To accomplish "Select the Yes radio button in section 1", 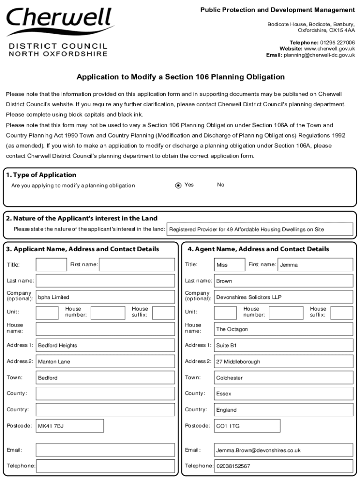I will pos(178,185).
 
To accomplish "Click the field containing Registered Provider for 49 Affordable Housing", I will pos(259,229).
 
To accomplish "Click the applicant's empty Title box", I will pos(51,265).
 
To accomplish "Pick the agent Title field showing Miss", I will pos(229,265).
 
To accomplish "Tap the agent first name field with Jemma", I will pos(315,265).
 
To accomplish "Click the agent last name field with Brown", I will pos(283,281).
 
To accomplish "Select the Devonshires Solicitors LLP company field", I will pos(283,297).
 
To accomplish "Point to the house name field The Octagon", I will pos(283,329).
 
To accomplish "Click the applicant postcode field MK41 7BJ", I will pos(70,426).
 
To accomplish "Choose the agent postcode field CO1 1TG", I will pos(247,426).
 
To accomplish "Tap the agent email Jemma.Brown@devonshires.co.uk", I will pos(283,450).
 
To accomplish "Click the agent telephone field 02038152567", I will pos(283,466).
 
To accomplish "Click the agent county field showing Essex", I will pos(283,393).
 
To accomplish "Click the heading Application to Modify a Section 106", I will pos(180,77).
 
